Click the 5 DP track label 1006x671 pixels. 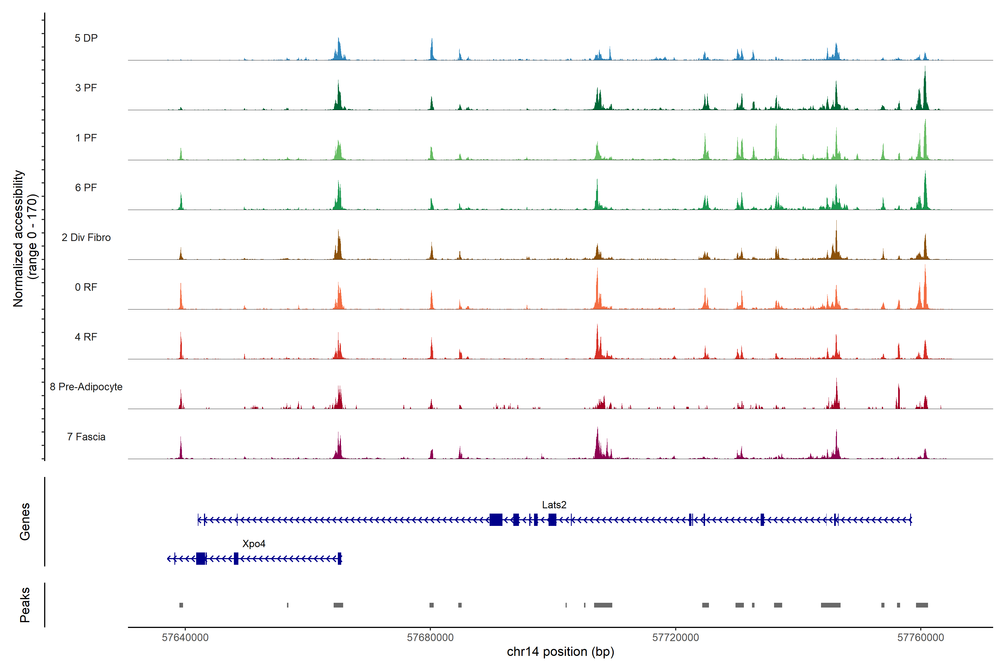coord(86,38)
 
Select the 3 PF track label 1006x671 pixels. coord(86,88)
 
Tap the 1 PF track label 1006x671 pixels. coord(86,138)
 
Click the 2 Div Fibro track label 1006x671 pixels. coord(86,237)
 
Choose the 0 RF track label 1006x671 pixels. coord(86,287)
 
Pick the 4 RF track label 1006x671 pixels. coord(86,337)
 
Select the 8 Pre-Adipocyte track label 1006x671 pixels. coord(86,387)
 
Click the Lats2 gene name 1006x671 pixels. coord(554,505)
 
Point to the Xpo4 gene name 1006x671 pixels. coord(254,544)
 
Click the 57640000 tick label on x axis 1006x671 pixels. coord(185,638)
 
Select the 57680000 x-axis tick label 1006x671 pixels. coord(430,638)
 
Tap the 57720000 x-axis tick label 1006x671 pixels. coord(675,638)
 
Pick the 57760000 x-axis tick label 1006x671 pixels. coord(920,638)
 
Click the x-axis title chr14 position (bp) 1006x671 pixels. coord(560,652)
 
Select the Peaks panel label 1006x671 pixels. coord(25,605)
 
